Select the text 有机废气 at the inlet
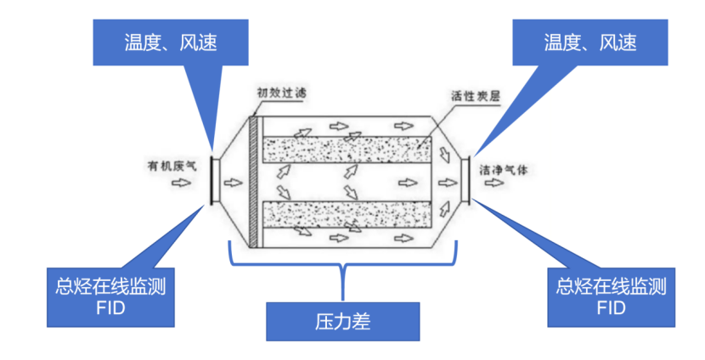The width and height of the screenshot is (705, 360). [x=166, y=166]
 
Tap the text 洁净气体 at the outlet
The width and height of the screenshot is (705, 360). [x=505, y=168]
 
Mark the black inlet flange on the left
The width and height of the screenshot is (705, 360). [x=211, y=180]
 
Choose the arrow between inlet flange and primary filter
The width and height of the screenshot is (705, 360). [x=231, y=180]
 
